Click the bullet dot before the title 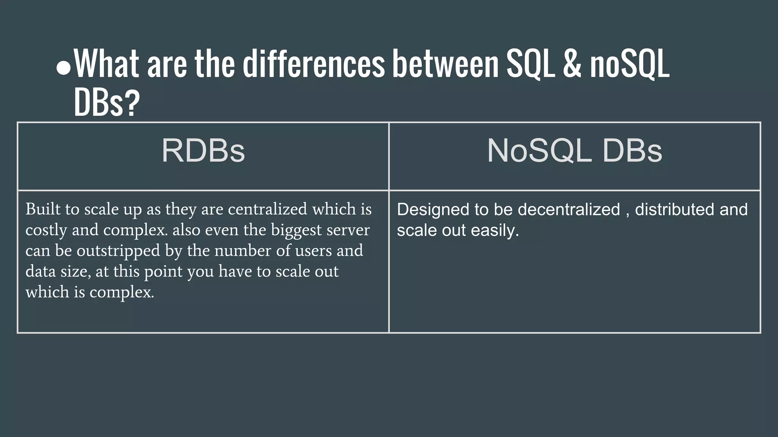tap(63, 68)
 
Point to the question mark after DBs tap(132, 103)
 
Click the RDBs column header tap(203, 151)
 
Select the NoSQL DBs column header tap(574, 151)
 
